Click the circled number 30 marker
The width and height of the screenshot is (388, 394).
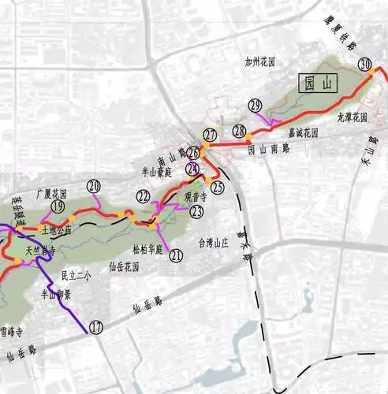(364, 65)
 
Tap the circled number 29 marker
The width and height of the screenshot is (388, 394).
(255, 106)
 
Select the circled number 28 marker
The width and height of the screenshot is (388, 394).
(239, 132)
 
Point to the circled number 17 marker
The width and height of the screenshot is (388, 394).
(95, 327)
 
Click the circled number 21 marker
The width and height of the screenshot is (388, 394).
(177, 255)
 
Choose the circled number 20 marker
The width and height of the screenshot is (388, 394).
(95, 187)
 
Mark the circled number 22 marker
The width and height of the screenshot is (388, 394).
(144, 196)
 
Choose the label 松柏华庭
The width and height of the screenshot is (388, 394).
(147, 249)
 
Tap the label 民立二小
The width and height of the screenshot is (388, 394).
(76, 276)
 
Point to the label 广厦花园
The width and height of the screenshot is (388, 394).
(52, 192)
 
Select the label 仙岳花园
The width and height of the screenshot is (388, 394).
(125, 268)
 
